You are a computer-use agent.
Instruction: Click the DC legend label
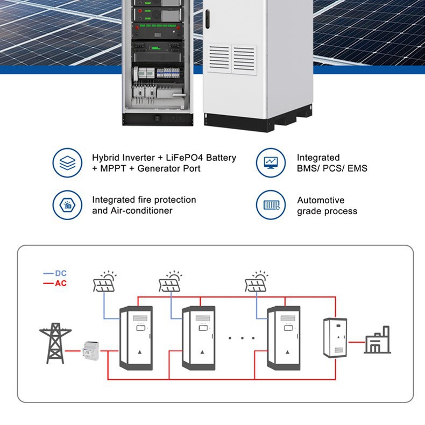pyautogui.click(x=60, y=273)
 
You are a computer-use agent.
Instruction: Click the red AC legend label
pyautogui.click(x=60, y=283)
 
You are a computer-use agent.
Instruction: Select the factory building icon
pyautogui.click(x=378, y=341)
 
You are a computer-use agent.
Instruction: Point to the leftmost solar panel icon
pyautogui.click(x=104, y=281)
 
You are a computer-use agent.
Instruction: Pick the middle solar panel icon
pyautogui.click(x=171, y=281)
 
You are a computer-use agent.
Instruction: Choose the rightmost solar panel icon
pyautogui.click(x=257, y=281)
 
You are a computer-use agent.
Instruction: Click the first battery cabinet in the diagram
pyautogui.click(x=136, y=338)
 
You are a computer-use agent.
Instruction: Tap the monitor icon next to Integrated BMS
pyautogui.click(x=270, y=162)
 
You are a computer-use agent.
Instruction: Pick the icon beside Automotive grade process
pyautogui.click(x=270, y=205)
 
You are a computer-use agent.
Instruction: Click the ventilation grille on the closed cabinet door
pyautogui.click(x=233, y=59)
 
